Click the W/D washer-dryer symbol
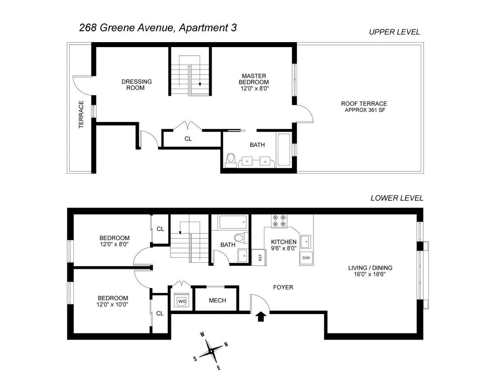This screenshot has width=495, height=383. (181, 301)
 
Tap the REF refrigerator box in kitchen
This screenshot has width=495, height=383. (260, 257)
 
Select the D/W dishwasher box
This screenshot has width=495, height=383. (306, 258)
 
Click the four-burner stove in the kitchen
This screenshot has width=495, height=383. (279, 221)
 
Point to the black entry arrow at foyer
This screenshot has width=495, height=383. (260, 317)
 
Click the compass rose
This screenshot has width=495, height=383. (211, 351)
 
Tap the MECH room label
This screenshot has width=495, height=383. (217, 300)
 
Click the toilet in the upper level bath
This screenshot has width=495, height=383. (231, 159)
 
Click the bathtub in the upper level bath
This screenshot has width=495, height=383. (284, 150)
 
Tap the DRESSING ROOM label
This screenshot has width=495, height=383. (136, 85)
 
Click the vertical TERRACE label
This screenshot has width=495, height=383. (81, 114)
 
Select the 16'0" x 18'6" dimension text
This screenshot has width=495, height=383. (370, 274)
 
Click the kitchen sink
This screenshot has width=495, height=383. (306, 241)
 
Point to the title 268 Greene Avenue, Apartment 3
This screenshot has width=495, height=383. (158, 28)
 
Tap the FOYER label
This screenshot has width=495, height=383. (283, 287)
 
